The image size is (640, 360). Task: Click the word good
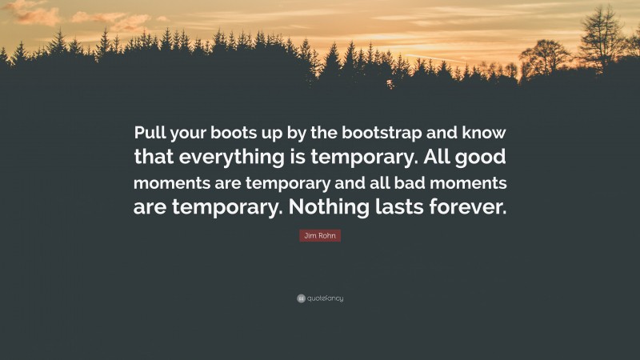[482, 156]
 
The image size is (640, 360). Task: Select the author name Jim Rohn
[319, 235]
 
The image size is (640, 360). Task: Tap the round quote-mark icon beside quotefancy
[301, 298]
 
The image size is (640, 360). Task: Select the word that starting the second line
[162, 156]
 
